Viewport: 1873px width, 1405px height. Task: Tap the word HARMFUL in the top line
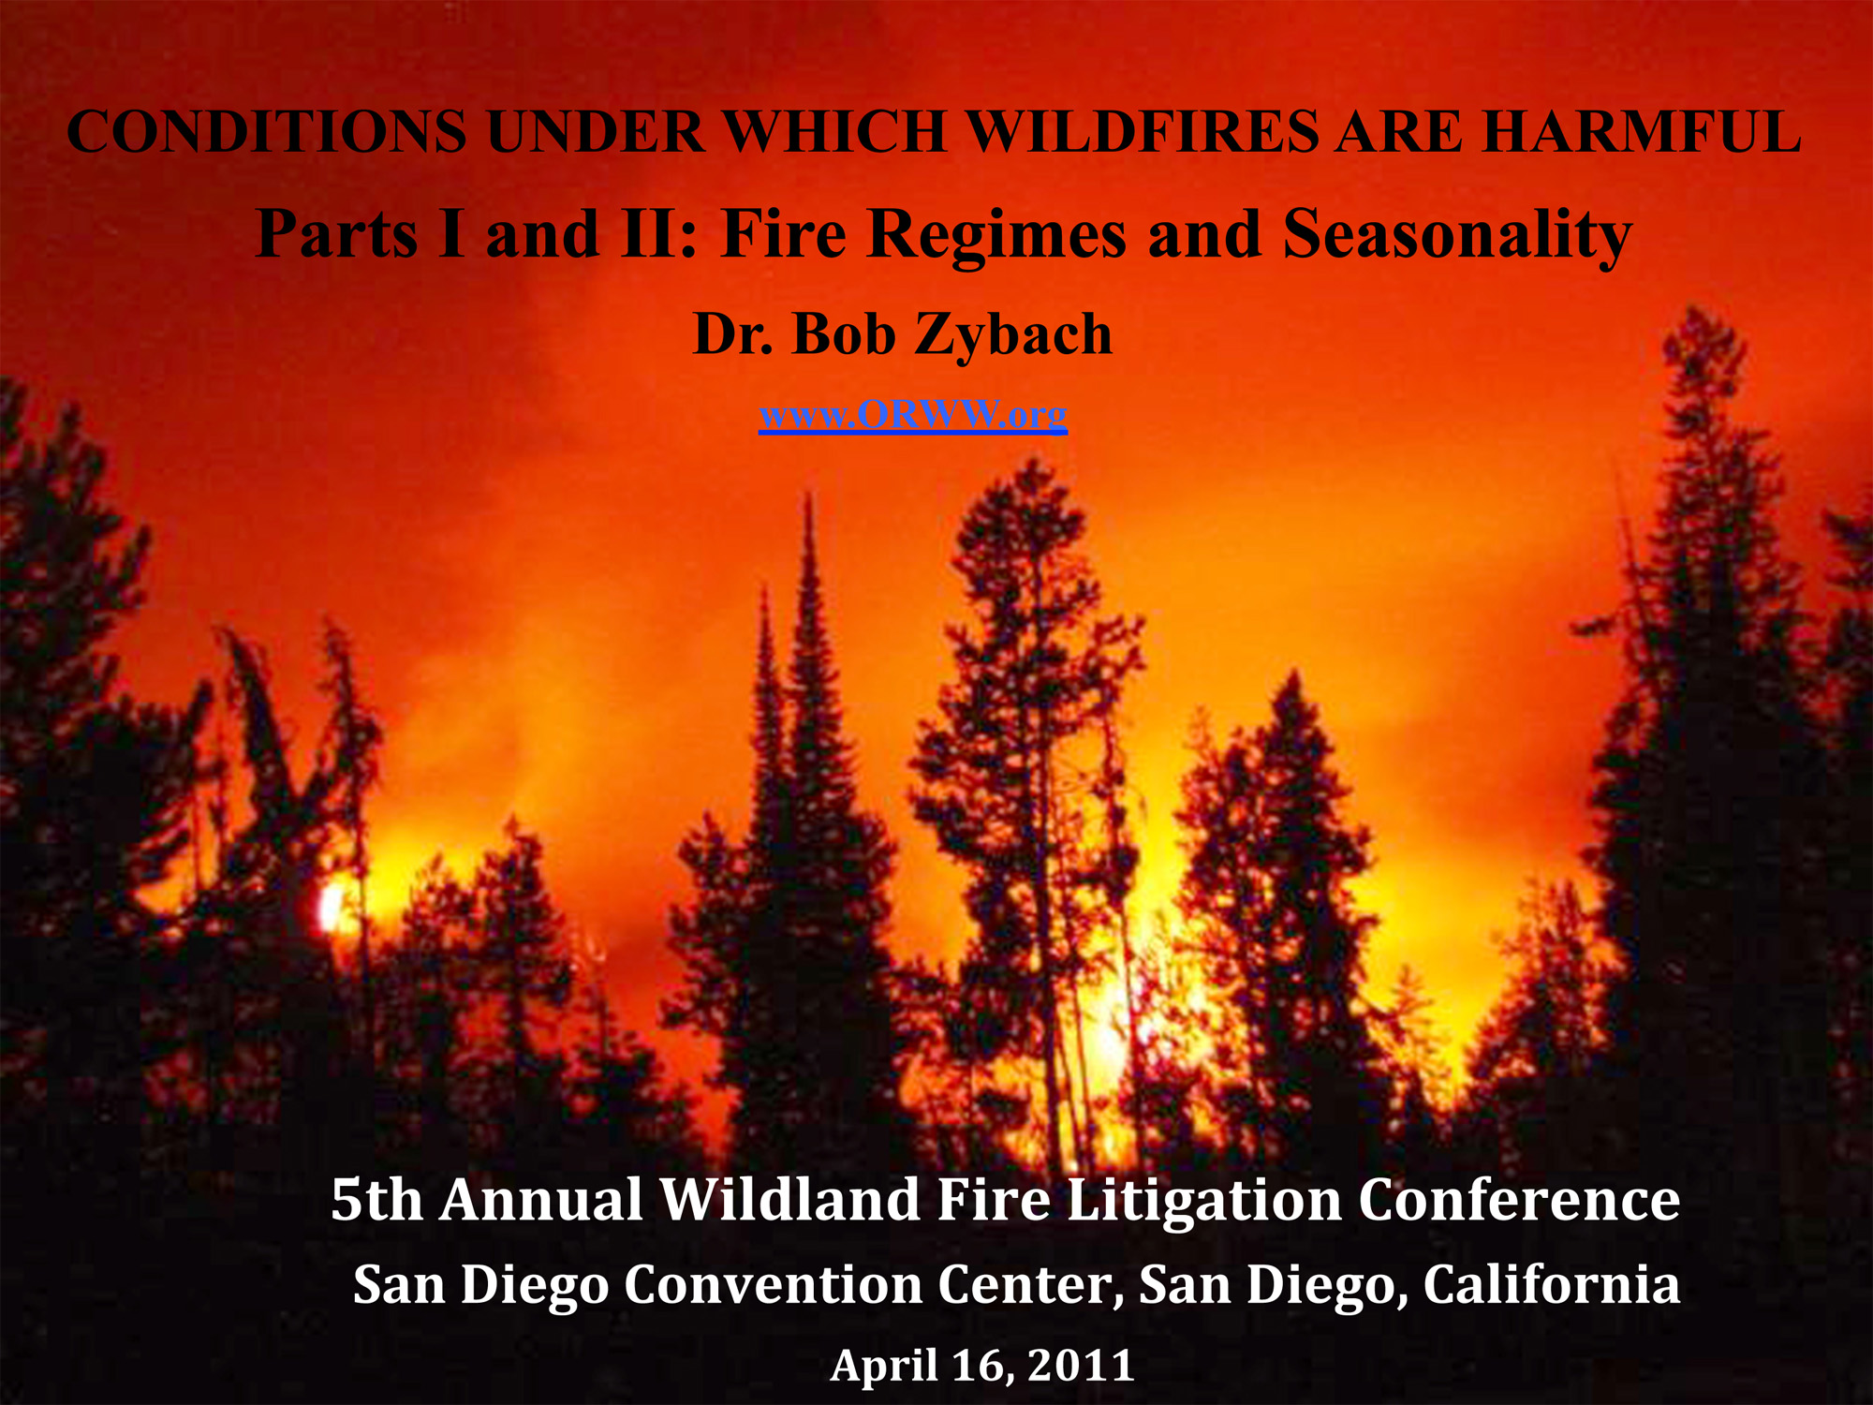click(x=1642, y=131)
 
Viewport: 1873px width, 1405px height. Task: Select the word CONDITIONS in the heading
click(x=267, y=131)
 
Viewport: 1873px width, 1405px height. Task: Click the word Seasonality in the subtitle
click(x=1457, y=234)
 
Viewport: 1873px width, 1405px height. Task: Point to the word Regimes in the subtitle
click(x=996, y=234)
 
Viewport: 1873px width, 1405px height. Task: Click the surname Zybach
click(x=1014, y=335)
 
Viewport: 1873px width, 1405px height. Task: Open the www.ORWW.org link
click(x=913, y=415)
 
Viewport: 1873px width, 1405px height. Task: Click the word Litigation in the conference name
click(x=1204, y=1202)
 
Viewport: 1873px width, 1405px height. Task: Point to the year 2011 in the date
click(x=1081, y=1365)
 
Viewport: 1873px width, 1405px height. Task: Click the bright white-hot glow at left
click(x=332, y=907)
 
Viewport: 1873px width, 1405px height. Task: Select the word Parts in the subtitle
click(x=336, y=234)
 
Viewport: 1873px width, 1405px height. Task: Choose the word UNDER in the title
click(x=595, y=131)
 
